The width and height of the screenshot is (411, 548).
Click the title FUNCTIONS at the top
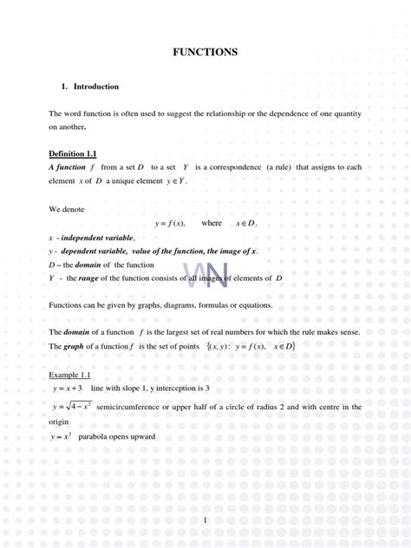pyautogui.click(x=205, y=52)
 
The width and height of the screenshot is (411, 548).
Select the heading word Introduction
pyautogui.click(x=96, y=87)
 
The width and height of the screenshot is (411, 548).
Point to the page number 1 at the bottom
pyautogui.click(x=205, y=519)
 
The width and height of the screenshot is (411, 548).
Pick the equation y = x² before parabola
pyautogui.click(x=62, y=436)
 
